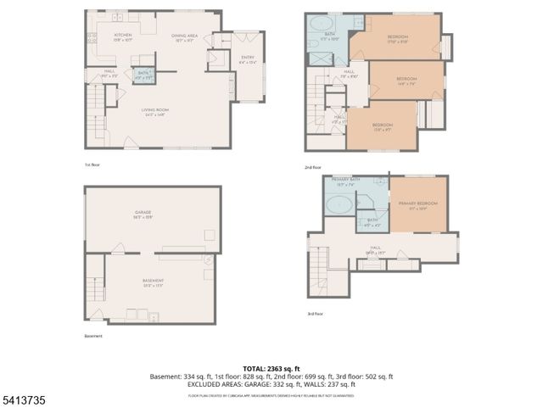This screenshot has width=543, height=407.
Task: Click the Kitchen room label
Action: (x=123, y=36)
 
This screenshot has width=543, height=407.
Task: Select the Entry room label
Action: (x=248, y=59)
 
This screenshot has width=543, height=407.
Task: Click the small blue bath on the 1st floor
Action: (x=144, y=75)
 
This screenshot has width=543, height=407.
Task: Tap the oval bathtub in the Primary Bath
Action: (x=340, y=204)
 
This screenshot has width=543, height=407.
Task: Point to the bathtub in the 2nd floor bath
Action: (x=323, y=23)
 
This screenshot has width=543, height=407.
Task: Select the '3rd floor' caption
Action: (x=316, y=314)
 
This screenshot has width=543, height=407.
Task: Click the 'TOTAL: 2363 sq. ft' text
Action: (x=271, y=369)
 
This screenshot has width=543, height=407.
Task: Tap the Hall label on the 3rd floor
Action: (x=376, y=251)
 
